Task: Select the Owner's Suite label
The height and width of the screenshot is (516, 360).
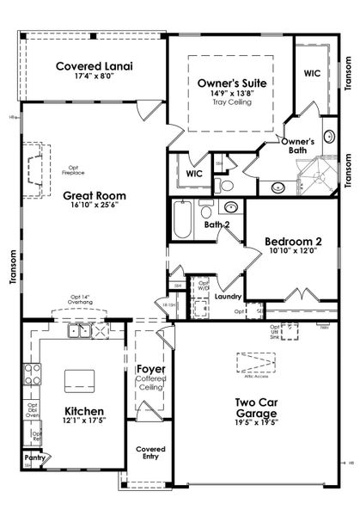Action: [231, 83]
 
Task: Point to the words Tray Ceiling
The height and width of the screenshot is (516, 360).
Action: [231, 102]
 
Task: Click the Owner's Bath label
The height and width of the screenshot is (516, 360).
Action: [297, 145]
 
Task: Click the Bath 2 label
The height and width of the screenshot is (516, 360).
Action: [217, 225]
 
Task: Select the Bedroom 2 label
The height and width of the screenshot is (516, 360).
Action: [293, 241]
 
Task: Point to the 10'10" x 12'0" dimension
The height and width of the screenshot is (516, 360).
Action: [293, 251]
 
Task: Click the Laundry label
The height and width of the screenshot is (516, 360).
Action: [229, 297]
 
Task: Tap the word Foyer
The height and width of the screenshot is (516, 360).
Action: [150, 370]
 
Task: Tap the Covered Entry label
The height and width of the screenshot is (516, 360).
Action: [150, 453]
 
